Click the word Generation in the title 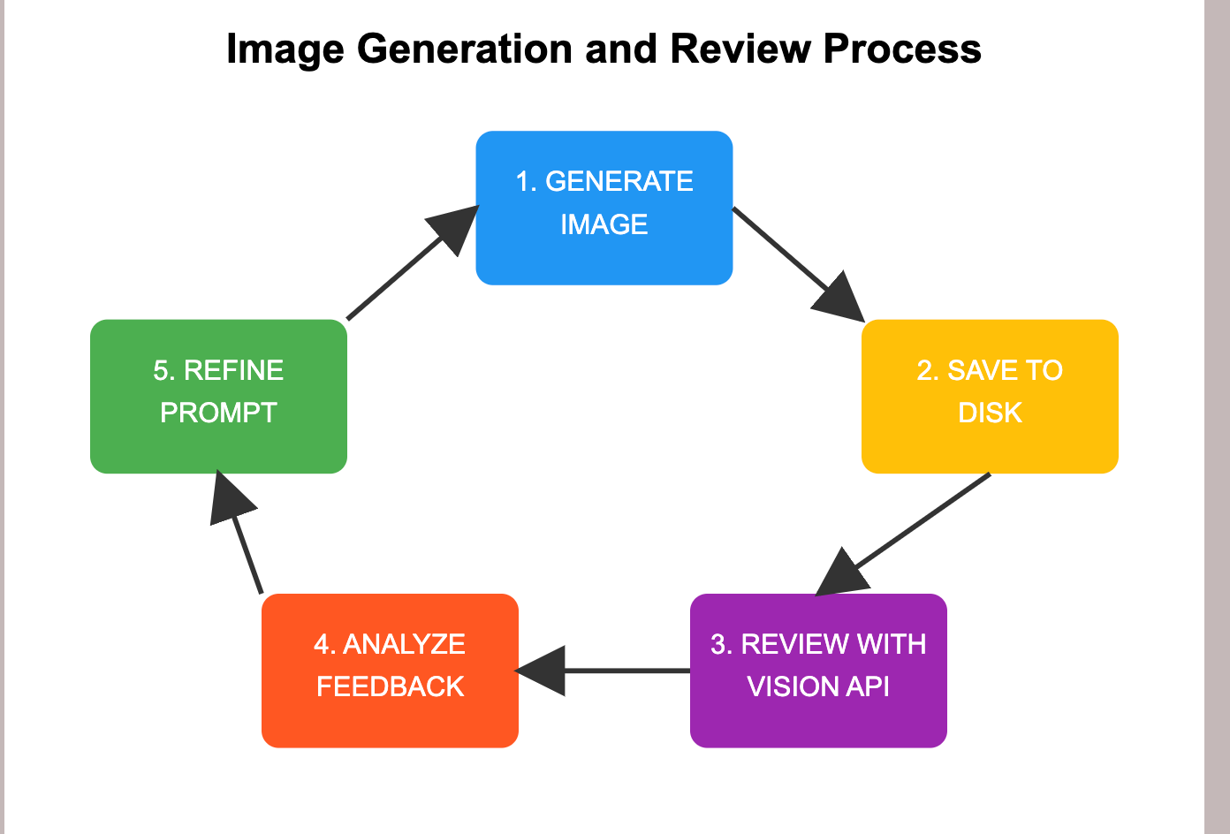coord(465,49)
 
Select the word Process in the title coord(902,49)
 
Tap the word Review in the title coord(740,49)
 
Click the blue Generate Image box coord(604,208)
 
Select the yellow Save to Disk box coord(990,397)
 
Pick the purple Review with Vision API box coord(818,671)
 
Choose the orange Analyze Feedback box coord(390,671)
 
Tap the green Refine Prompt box coord(218,397)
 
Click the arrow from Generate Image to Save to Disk coord(799,265)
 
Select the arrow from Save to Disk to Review coord(903,535)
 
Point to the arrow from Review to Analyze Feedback coord(602,671)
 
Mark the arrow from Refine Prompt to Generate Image coord(413,262)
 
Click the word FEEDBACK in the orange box coord(391,686)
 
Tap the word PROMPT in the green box coord(218,413)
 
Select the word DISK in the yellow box coord(990,413)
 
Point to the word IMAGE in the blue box coord(604,224)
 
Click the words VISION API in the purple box coord(818,686)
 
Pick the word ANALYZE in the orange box coord(404,644)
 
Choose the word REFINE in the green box coord(233,370)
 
